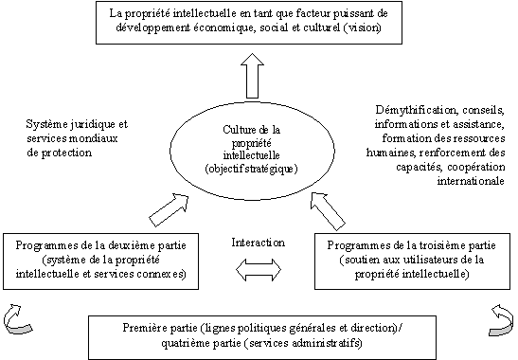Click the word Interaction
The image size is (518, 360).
(258, 243)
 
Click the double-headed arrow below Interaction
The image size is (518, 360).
(259, 270)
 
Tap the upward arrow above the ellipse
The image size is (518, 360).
(253, 76)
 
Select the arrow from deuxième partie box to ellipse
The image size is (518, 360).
(169, 210)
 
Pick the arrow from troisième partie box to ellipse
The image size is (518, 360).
(328, 211)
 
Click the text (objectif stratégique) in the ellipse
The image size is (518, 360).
(251, 169)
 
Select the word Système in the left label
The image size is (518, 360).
(48, 124)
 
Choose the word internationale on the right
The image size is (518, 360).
(471, 181)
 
